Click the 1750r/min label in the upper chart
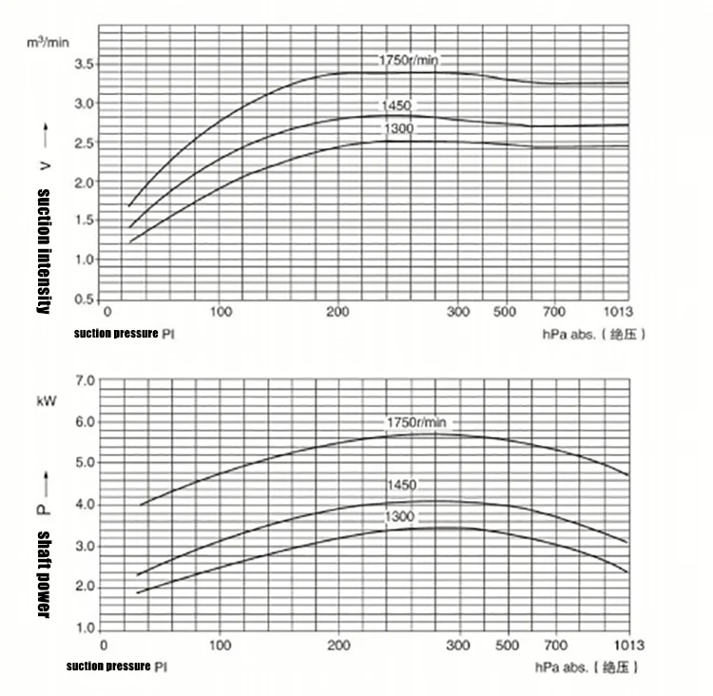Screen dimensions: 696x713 409,61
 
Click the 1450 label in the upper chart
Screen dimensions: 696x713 398,106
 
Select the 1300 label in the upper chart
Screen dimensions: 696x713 398,128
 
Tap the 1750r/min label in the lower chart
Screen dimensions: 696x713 415,421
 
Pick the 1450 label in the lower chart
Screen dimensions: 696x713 401,485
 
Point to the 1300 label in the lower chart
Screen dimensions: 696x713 400,516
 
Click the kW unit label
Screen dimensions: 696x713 46,400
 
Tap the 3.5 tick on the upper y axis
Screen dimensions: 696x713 83,65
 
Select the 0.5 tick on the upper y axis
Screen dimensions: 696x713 83,300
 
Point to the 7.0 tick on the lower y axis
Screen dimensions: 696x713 84,380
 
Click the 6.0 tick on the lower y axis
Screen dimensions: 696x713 84,421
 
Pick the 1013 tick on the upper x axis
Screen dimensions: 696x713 617,312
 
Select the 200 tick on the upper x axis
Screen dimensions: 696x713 337,312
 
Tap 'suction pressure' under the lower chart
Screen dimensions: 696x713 108,666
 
